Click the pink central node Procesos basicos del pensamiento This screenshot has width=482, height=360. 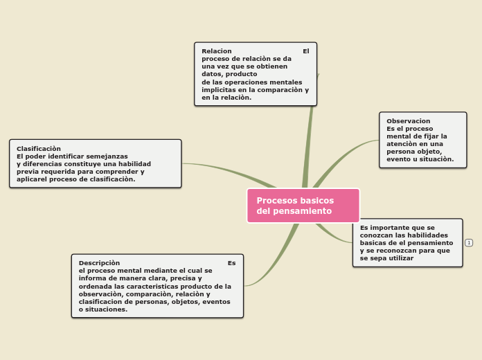click(303, 206)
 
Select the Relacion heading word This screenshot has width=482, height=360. click(217, 51)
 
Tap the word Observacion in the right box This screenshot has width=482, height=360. click(409, 121)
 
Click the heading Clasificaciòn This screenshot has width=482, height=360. click(39, 149)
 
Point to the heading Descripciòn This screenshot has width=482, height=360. click(99, 263)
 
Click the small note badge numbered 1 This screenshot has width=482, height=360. click(469, 242)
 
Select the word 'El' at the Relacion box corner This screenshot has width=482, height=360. click(306, 51)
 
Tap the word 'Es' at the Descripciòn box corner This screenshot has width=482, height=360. click(231, 263)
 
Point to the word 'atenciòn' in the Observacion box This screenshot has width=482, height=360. click(402, 144)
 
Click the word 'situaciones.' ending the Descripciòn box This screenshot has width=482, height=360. click(104, 309)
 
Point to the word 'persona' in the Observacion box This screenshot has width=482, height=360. click(400, 152)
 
